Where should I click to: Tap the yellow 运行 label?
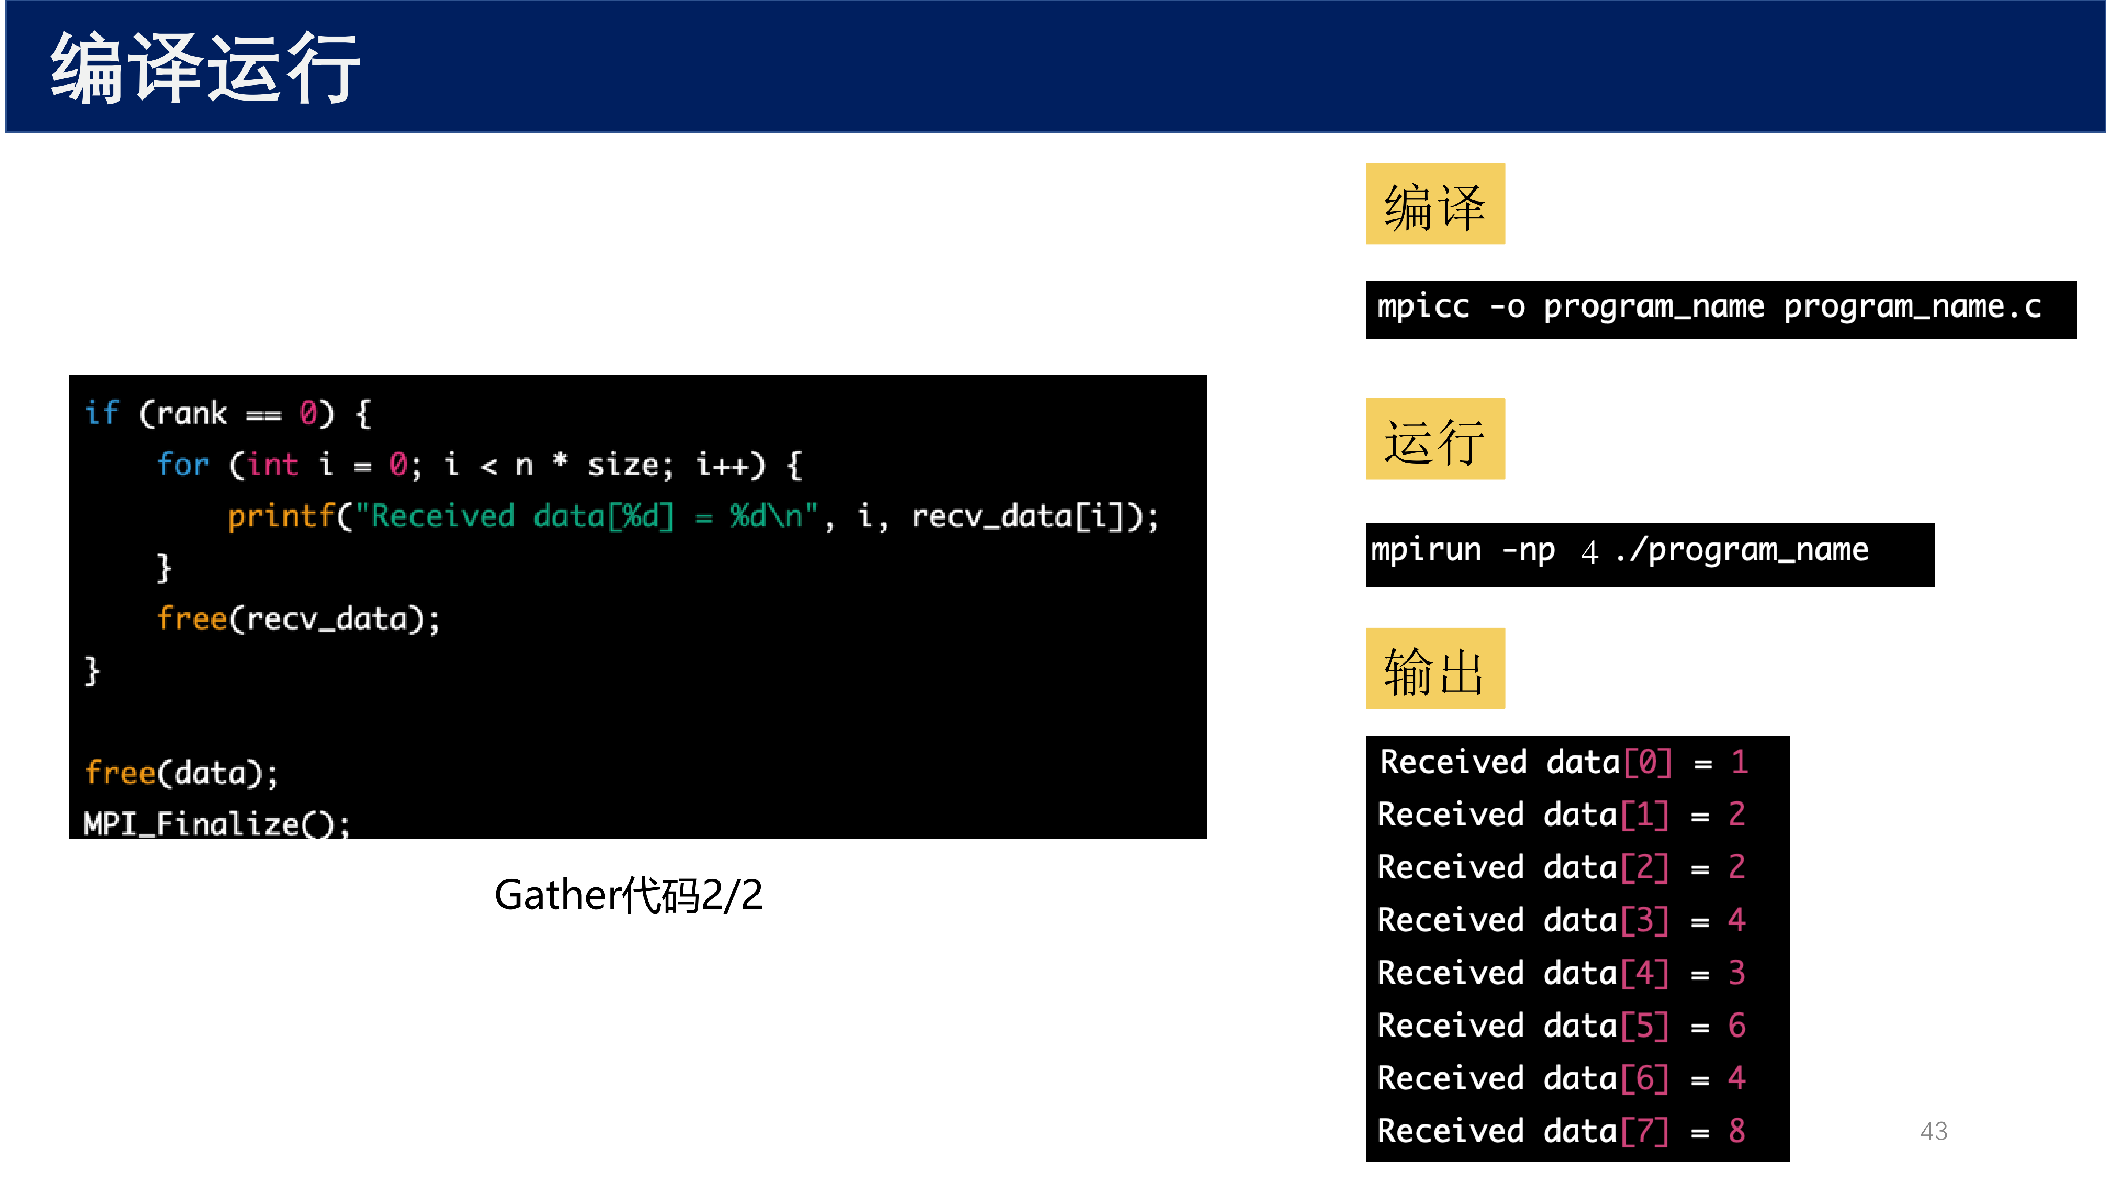(1435, 439)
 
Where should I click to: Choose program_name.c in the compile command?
(1912, 307)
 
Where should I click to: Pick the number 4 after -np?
(1589, 552)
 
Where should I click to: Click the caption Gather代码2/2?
(628, 895)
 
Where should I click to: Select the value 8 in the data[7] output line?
(1736, 1131)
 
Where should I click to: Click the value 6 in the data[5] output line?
(1736, 1026)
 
